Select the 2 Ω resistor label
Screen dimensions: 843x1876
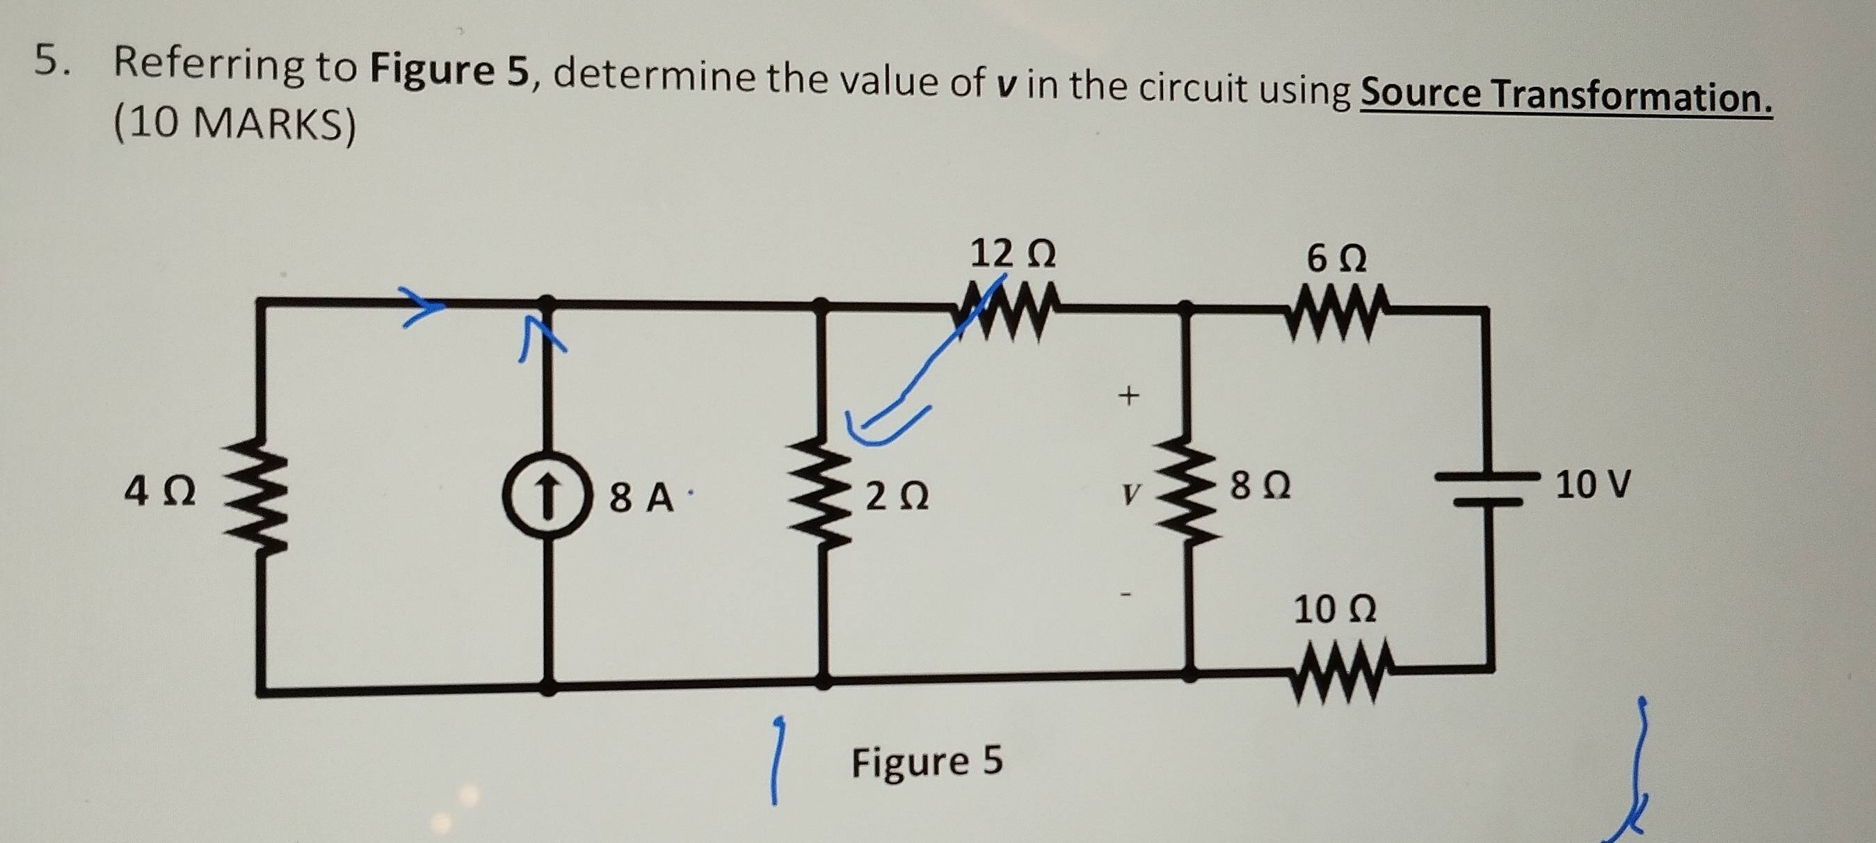[897, 497]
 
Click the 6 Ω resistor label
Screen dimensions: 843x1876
[1336, 259]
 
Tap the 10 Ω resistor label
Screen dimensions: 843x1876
[1334, 609]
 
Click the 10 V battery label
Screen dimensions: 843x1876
[1593, 484]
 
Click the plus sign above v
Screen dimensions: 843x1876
[1128, 396]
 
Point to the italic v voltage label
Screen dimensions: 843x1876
[1129, 495]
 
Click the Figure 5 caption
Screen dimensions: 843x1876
[927, 762]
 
